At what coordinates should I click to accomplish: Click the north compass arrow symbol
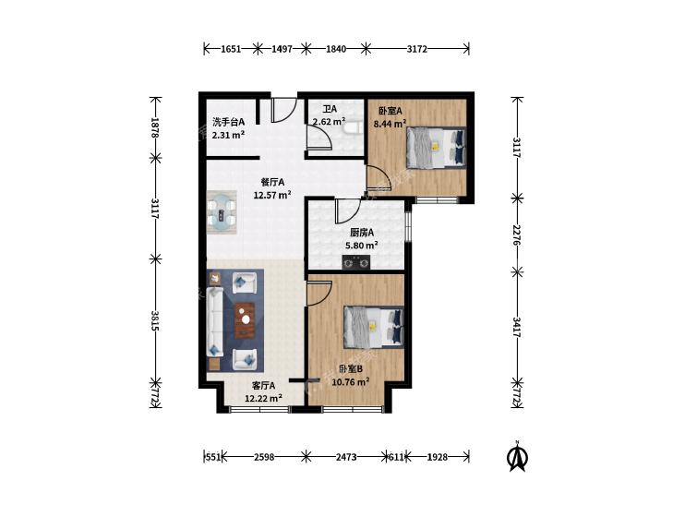(517, 457)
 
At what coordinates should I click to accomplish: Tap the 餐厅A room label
(272, 183)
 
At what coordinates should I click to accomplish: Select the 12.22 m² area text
(263, 398)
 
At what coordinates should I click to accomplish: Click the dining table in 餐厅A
(222, 212)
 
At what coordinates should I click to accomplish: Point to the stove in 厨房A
(355, 261)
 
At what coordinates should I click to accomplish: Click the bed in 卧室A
(436, 148)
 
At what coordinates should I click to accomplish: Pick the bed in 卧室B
(373, 327)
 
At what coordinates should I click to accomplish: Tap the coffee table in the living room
(245, 319)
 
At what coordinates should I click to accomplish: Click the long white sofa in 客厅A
(215, 322)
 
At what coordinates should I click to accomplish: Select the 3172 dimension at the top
(416, 49)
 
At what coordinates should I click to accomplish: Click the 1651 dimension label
(231, 49)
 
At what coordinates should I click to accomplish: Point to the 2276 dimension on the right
(517, 234)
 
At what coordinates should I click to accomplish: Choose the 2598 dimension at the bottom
(264, 457)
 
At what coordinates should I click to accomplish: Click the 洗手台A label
(228, 122)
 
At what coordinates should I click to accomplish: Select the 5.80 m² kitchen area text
(361, 246)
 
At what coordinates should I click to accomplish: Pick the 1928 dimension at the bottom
(438, 457)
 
